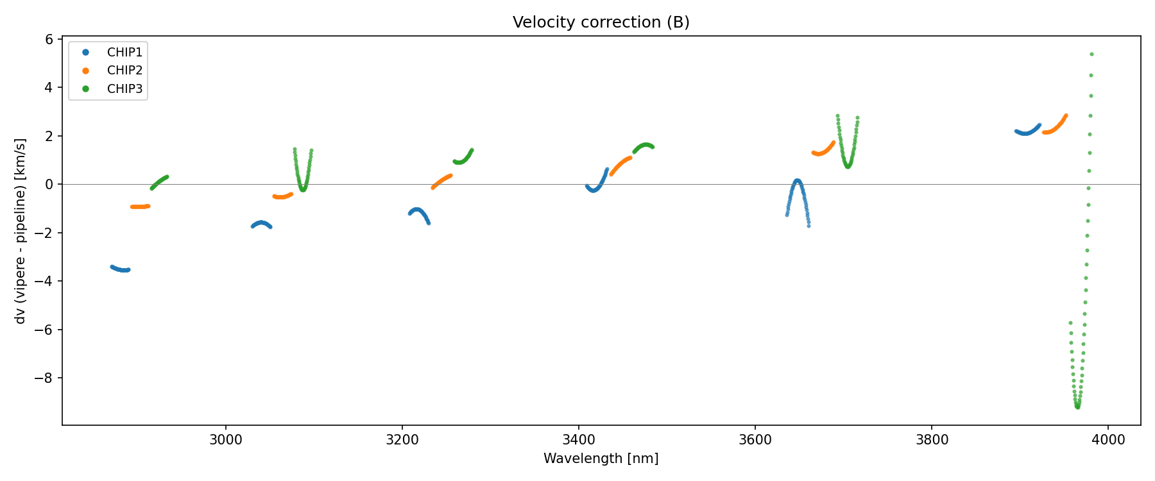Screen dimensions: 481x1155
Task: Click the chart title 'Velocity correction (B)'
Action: pyautogui.click(x=601, y=22)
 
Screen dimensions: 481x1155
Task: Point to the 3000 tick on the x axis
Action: pyautogui.click(x=226, y=440)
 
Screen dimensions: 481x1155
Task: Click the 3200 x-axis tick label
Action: pyautogui.click(x=402, y=440)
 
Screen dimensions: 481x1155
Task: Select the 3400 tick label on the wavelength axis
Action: pyautogui.click(x=579, y=440)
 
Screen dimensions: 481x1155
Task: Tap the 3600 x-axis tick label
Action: pyautogui.click(x=755, y=440)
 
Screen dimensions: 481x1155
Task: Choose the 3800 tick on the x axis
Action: pyautogui.click(x=932, y=440)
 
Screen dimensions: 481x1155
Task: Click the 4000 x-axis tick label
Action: pyautogui.click(x=1108, y=440)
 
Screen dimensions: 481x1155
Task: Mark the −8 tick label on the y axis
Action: pyautogui.click(x=44, y=378)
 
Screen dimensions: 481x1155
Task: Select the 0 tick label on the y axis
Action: pyautogui.click(x=49, y=185)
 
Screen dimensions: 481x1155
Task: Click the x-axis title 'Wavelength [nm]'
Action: pyautogui.click(x=601, y=459)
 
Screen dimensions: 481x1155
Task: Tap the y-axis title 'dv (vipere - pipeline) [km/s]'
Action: pyautogui.click(x=21, y=231)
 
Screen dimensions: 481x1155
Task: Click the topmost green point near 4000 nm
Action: pyautogui.click(x=1091, y=55)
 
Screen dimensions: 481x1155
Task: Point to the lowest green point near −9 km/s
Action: pyautogui.click(x=1077, y=407)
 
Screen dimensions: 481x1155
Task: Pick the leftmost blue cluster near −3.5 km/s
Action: pyautogui.click(x=120, y=269)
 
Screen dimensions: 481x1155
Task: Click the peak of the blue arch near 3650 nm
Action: pyautogui.click(x=797, y=181)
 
